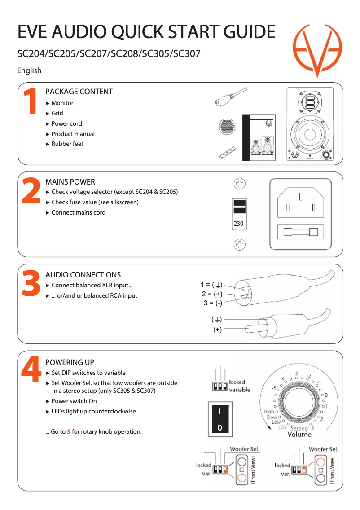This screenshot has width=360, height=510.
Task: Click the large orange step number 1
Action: (x=30, y=101)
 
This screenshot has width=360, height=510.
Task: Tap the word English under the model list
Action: (x=29, y=70)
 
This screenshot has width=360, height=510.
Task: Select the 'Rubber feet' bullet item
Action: (x=67, y=144)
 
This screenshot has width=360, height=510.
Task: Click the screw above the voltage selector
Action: (x=240, y=184)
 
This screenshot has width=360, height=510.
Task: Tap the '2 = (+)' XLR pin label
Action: (x=212, y=294)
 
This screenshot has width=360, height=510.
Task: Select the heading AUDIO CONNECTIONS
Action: (x=83, y=275)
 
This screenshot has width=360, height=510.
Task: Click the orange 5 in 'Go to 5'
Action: (x=69, y=432)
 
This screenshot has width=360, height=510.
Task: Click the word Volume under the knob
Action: (x=299, y=435)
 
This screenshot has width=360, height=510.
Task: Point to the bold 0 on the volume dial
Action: (x=326, y=395)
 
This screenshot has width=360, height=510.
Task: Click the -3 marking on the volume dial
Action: (x=296, y=374)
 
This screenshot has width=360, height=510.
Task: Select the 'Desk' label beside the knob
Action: (x=272, y=417)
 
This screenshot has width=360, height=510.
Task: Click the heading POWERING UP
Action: (x=70, y=362)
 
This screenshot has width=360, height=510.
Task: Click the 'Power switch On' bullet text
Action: (x=74, y=401)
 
